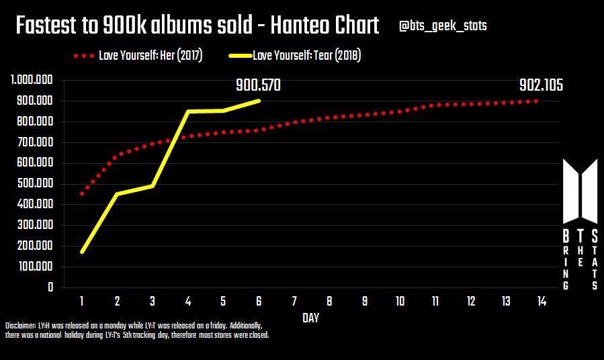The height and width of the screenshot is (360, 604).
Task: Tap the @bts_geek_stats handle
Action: tap(443, 26)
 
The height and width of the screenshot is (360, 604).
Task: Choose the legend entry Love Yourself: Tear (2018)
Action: tap(306, 56)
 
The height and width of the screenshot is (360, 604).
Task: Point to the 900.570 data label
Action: tap(258, 85)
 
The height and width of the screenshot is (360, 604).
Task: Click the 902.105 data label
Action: tap(541, 85)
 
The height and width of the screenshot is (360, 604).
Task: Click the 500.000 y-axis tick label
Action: tap(34, 184)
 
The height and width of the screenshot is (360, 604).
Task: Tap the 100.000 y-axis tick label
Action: tap(34, 267)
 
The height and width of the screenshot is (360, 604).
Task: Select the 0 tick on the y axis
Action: tap(50, 287)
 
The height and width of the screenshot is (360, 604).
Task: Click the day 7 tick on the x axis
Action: tap(294, 302)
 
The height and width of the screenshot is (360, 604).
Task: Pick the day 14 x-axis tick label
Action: tap(541, 302)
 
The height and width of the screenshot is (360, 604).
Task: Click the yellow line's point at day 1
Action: tap(82, 252)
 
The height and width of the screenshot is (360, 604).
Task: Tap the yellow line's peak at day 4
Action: tap(188, 111)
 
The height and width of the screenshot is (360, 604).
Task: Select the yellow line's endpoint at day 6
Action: tap(259, 101)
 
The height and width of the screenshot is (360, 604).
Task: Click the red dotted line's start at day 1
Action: tap(82, 193)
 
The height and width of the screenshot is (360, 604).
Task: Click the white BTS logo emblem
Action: tap(579, 191)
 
